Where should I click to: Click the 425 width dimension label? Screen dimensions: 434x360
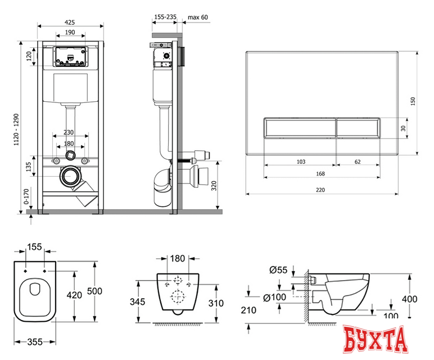[x=70, y=22]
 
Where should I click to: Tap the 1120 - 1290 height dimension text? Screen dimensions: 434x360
[x=17, y=129]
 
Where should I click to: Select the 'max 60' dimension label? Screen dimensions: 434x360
[x=198, y=17]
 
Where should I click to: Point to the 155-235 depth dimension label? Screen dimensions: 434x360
[x=165, y=17]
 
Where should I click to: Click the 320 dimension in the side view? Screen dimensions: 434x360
[x=214, y=186]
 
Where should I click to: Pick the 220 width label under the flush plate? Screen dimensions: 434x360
[x=320, y=190]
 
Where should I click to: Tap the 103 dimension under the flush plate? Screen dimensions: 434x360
[x=301, y=162]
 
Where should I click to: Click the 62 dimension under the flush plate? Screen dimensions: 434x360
[x=358, y=162]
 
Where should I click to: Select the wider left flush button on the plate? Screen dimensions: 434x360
[x=299, y=128]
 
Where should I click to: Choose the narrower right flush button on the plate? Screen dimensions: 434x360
[x=358, y=128]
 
